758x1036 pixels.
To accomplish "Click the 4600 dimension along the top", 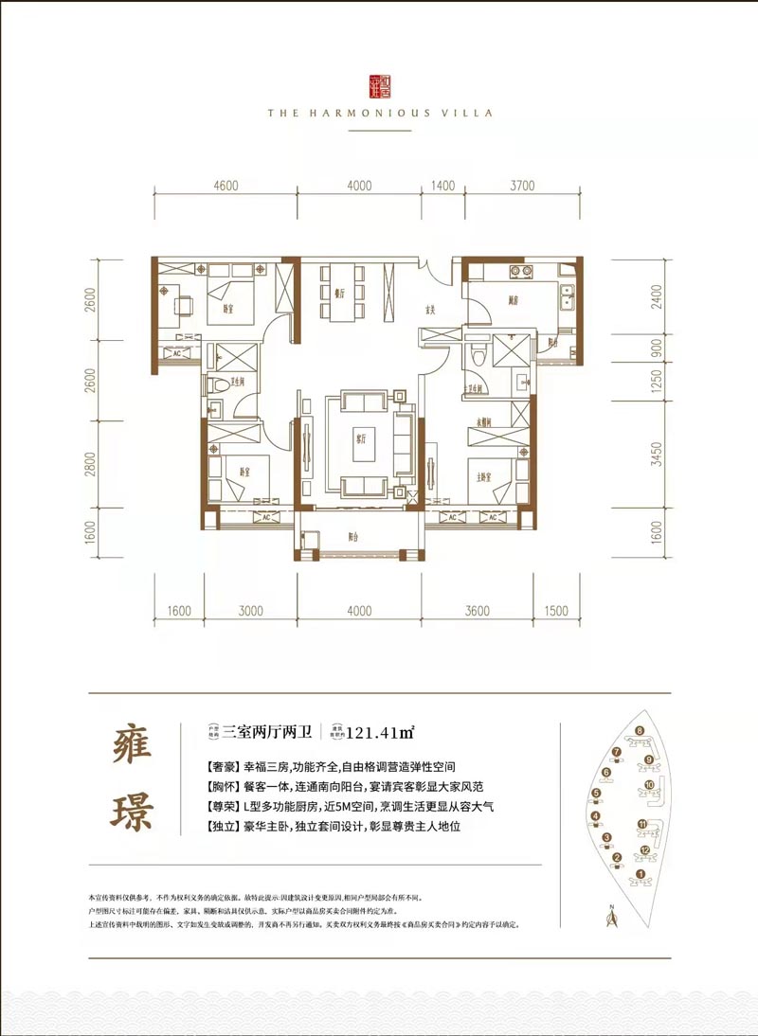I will [226, 186].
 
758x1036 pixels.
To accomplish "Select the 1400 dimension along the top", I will [443, 186].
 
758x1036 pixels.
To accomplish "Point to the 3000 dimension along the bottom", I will [250, 611].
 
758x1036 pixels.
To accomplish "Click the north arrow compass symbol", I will [611, 914].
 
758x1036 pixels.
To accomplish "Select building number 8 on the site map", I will [640, 730].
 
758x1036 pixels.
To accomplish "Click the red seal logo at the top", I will [378, 84].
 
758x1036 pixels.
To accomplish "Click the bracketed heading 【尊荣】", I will [222, 808].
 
